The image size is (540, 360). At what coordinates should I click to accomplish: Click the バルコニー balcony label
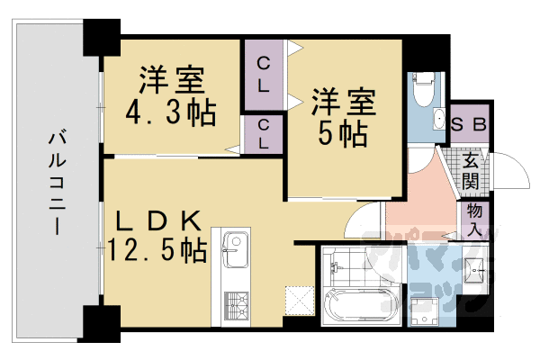point(56,184)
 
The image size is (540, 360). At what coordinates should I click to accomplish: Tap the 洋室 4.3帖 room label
point(170,95)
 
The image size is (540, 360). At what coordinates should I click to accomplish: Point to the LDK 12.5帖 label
point(157,233)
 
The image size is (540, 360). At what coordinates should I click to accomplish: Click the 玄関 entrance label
point(472,170)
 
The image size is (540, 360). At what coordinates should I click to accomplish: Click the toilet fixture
point(422,90)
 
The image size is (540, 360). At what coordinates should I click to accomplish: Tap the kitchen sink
point(236,245)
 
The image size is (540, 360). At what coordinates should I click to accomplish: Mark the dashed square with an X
point(297,300)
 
